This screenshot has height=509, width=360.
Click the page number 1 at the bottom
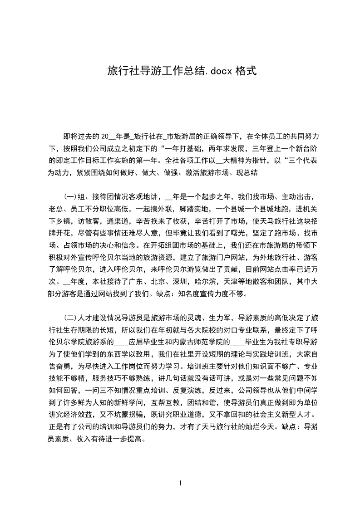(x=180, y=483)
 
